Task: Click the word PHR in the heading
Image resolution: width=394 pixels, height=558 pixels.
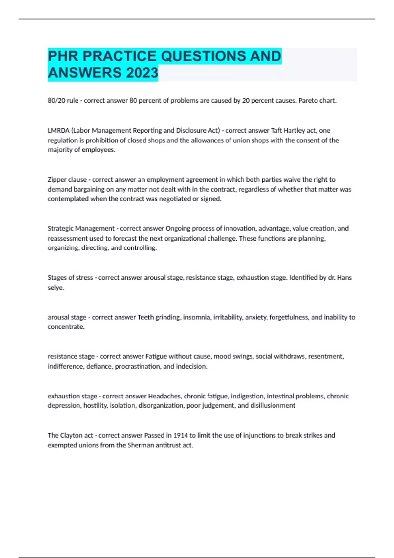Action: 63,56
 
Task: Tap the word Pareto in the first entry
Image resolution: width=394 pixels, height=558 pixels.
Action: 308,101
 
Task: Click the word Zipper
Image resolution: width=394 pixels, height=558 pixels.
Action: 57,180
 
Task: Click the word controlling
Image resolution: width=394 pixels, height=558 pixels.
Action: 141,248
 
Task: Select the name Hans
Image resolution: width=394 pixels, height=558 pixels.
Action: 344,278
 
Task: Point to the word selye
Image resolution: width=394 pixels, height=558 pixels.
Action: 55,288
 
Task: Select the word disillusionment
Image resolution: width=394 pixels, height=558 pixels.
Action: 273,406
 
